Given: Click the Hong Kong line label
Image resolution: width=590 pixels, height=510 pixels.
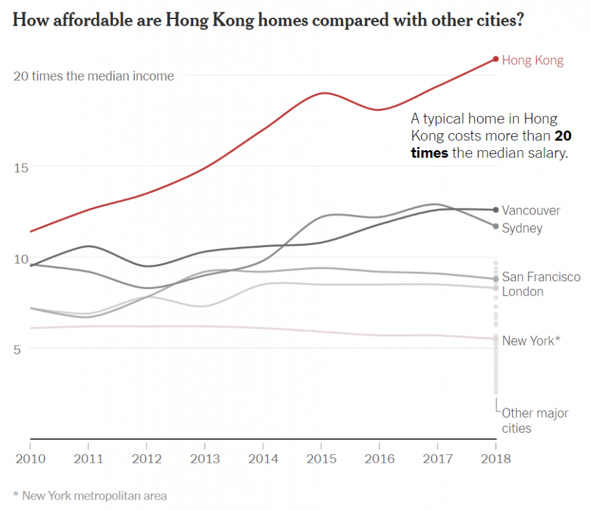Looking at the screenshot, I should (532, 60).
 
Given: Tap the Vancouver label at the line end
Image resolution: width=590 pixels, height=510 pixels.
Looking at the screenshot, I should (531, 210).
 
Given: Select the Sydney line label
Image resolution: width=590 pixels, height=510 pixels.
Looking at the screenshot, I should (522, 228).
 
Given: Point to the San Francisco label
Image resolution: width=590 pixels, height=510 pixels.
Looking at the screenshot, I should (541, 277).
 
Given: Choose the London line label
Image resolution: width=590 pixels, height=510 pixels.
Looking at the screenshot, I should (522, 292).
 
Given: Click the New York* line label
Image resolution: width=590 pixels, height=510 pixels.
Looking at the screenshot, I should (531, 341).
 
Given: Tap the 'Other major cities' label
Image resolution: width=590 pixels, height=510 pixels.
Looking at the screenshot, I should (534, 421).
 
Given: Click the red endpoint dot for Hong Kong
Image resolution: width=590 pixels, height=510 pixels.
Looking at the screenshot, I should (496, 59).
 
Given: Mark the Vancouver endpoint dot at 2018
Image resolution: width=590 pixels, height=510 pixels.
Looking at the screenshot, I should (496, 210).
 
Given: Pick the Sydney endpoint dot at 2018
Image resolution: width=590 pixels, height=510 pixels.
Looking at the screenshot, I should (496, 226).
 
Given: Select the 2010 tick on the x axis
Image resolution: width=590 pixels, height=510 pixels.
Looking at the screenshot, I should (29, 458).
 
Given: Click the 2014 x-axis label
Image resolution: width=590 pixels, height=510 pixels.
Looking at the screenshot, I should (263, 458).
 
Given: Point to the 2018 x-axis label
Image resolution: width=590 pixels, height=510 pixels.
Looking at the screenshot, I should (496, 458).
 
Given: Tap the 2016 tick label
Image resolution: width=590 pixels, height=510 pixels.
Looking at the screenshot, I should (379, 458).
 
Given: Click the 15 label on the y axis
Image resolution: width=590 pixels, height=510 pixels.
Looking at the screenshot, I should (21, 167).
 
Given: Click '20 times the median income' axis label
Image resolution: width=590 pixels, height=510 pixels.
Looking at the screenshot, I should (94, 76).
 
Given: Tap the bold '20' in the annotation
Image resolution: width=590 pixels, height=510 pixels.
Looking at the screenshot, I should (562, 136).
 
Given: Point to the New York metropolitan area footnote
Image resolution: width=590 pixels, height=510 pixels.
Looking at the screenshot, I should (90, 496).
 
